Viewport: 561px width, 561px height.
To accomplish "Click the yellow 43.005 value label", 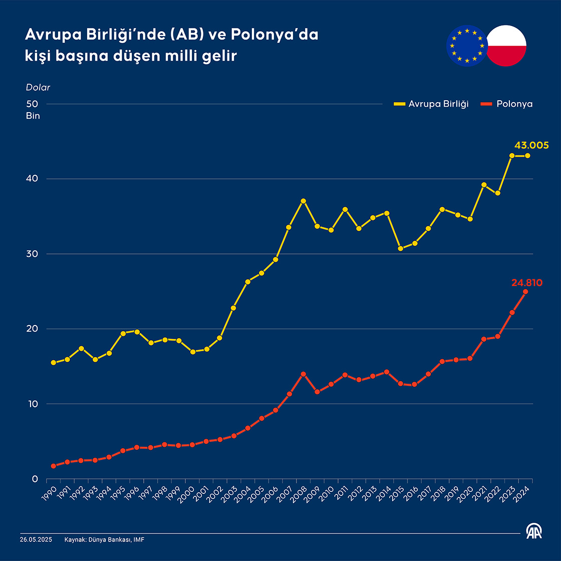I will pos(531,146).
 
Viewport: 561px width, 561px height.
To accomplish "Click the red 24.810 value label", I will pos(526,283).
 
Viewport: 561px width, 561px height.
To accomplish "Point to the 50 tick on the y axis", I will pos(33,104).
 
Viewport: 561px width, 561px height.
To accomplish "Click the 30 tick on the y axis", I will pos(33,254).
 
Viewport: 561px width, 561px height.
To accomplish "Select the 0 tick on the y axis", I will pos(35,479).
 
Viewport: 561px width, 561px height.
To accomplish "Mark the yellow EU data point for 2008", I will pos(303,201).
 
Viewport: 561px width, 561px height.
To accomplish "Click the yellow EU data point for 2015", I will pos(400,248).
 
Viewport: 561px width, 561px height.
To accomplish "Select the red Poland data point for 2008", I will pos(303,374).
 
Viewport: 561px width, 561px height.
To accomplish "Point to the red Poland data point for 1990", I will pos(53,466).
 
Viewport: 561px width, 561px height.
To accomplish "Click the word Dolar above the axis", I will pos(38,88).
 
